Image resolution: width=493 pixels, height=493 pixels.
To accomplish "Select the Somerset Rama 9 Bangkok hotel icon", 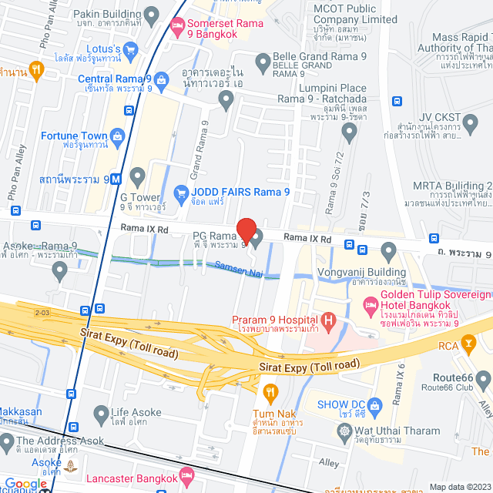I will click(178, 25).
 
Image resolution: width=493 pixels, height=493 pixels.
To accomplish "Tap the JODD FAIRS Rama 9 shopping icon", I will click(182, 192).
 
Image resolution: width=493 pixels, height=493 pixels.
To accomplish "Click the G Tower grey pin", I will click(137, 176).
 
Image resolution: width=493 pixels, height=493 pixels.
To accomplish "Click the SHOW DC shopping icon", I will click(374, 404).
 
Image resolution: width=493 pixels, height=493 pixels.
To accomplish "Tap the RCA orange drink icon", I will click(468, 346).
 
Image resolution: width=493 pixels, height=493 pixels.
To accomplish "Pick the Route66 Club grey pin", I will click(483, 379).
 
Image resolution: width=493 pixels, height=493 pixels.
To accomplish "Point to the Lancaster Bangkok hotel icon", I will click(185, 472).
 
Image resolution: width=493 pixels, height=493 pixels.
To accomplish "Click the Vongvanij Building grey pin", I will click(388, 250).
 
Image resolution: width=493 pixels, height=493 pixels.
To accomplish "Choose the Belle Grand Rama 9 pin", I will click(262, 58).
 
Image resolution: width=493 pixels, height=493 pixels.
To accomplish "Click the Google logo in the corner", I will click(25, 484).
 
